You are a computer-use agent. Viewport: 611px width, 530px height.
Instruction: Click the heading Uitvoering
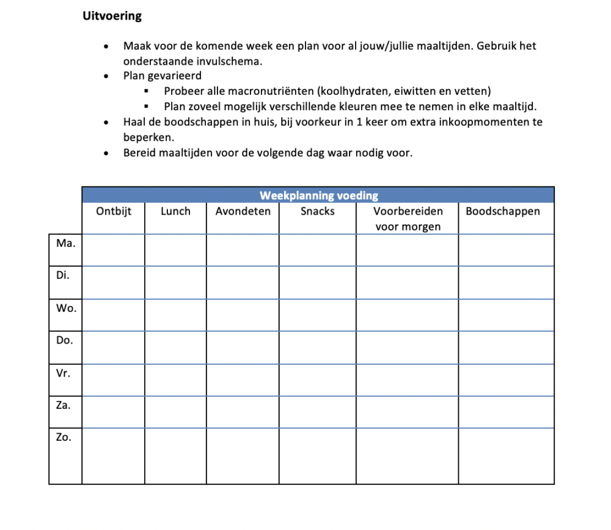112,17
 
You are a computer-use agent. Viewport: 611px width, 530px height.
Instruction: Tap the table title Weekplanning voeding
319,196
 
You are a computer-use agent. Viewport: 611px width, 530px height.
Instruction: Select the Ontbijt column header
114,212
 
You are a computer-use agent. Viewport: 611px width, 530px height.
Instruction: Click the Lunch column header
175,212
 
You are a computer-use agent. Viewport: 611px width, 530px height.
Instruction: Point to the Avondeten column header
243,212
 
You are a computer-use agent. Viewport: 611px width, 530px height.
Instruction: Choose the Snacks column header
318,212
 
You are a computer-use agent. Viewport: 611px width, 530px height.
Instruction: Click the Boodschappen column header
503,212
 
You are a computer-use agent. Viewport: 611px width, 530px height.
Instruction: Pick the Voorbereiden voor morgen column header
408,219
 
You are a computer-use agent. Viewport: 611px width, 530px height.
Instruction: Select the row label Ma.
65,243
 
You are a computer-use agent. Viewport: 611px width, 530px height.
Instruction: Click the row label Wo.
66,307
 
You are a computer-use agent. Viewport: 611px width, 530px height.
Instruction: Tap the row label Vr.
64,372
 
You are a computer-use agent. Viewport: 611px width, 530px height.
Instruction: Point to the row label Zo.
64,437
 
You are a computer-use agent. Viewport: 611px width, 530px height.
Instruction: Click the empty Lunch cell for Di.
175,282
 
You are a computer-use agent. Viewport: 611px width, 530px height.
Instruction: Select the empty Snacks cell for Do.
318,347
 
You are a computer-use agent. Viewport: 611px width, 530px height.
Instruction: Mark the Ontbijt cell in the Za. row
114,412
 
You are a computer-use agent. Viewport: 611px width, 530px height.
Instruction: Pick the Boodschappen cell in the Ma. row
506,249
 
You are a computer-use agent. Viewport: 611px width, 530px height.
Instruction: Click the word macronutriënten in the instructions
268,92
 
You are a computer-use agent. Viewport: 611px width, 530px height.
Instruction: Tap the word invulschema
223,61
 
